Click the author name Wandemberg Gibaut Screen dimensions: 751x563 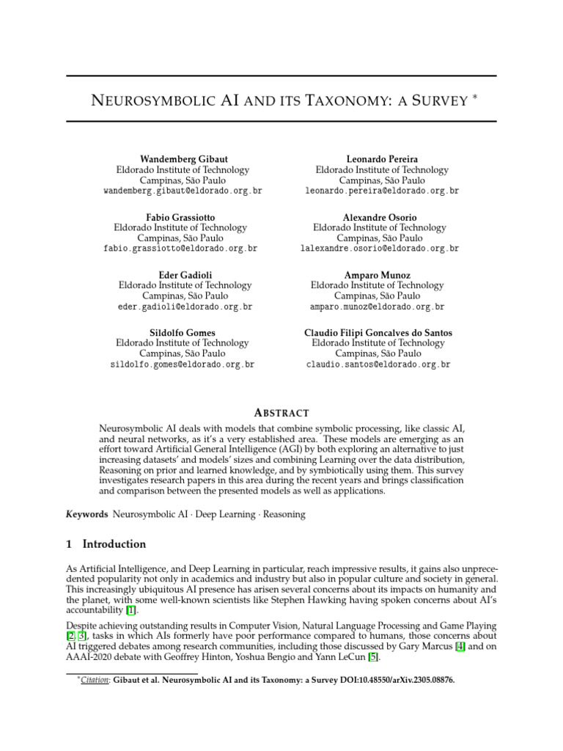click(183, 158)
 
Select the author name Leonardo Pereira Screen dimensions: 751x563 click(381, 158)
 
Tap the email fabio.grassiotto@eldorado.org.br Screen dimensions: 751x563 click(180, 249)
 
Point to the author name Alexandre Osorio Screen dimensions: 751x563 click(379, 217)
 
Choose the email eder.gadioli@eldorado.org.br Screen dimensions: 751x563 click(185, 307)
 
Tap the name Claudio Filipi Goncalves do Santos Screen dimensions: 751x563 click(378, 332)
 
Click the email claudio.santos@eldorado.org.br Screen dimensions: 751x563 click(378, 364)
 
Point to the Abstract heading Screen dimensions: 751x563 click(281, 413)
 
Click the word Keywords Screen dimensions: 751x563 click(87, 514)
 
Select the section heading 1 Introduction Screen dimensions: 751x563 click(106, 544)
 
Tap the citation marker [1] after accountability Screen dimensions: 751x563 click(131, 610)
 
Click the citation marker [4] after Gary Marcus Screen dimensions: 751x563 click(460, 645)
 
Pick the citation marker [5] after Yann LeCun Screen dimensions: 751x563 click(373, 657)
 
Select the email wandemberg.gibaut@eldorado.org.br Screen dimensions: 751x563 click(183, 191)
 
